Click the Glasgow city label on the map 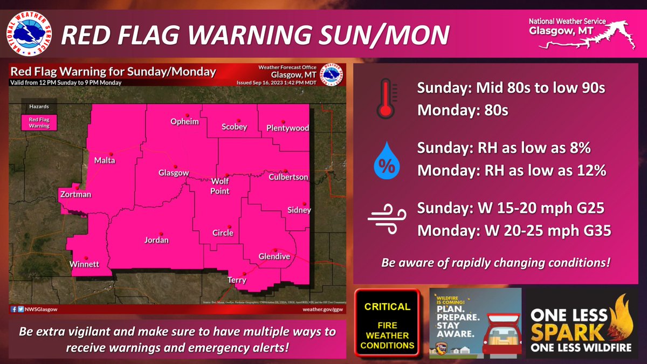pyautogui.click(x=173, y=173)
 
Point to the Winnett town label pyautogui.click(x=84, y=265)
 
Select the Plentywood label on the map pyautogui.click(x=287, y=128)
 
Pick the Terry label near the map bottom pyautogui.click(x=237, y=280)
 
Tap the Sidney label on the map pyautogui.click(x=299, y=210)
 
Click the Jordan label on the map pyautogui.click(x=156, y=240)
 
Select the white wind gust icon pyautogui.click(x=384, y=220)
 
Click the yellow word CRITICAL pyautogui.click(x=387, y=307)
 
